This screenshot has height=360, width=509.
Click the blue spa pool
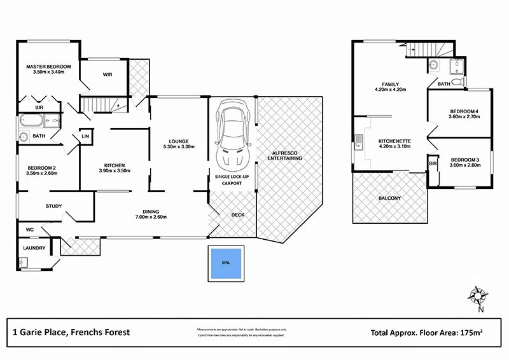tap(225, 262)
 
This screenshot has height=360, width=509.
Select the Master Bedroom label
tap(48, 66)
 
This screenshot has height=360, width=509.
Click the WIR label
tap(108, 74)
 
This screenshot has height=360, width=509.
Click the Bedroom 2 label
tap(41, 168)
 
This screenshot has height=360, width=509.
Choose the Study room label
tap(53, 205)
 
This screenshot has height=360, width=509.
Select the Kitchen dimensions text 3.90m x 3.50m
tap(115, 171)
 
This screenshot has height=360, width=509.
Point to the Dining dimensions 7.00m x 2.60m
tap(151, 218)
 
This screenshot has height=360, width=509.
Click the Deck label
tap(237, 214)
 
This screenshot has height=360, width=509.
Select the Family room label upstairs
tap(391, 84)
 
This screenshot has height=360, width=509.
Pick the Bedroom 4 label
tap(463, 110)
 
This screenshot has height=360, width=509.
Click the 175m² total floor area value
tap(472, 332)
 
